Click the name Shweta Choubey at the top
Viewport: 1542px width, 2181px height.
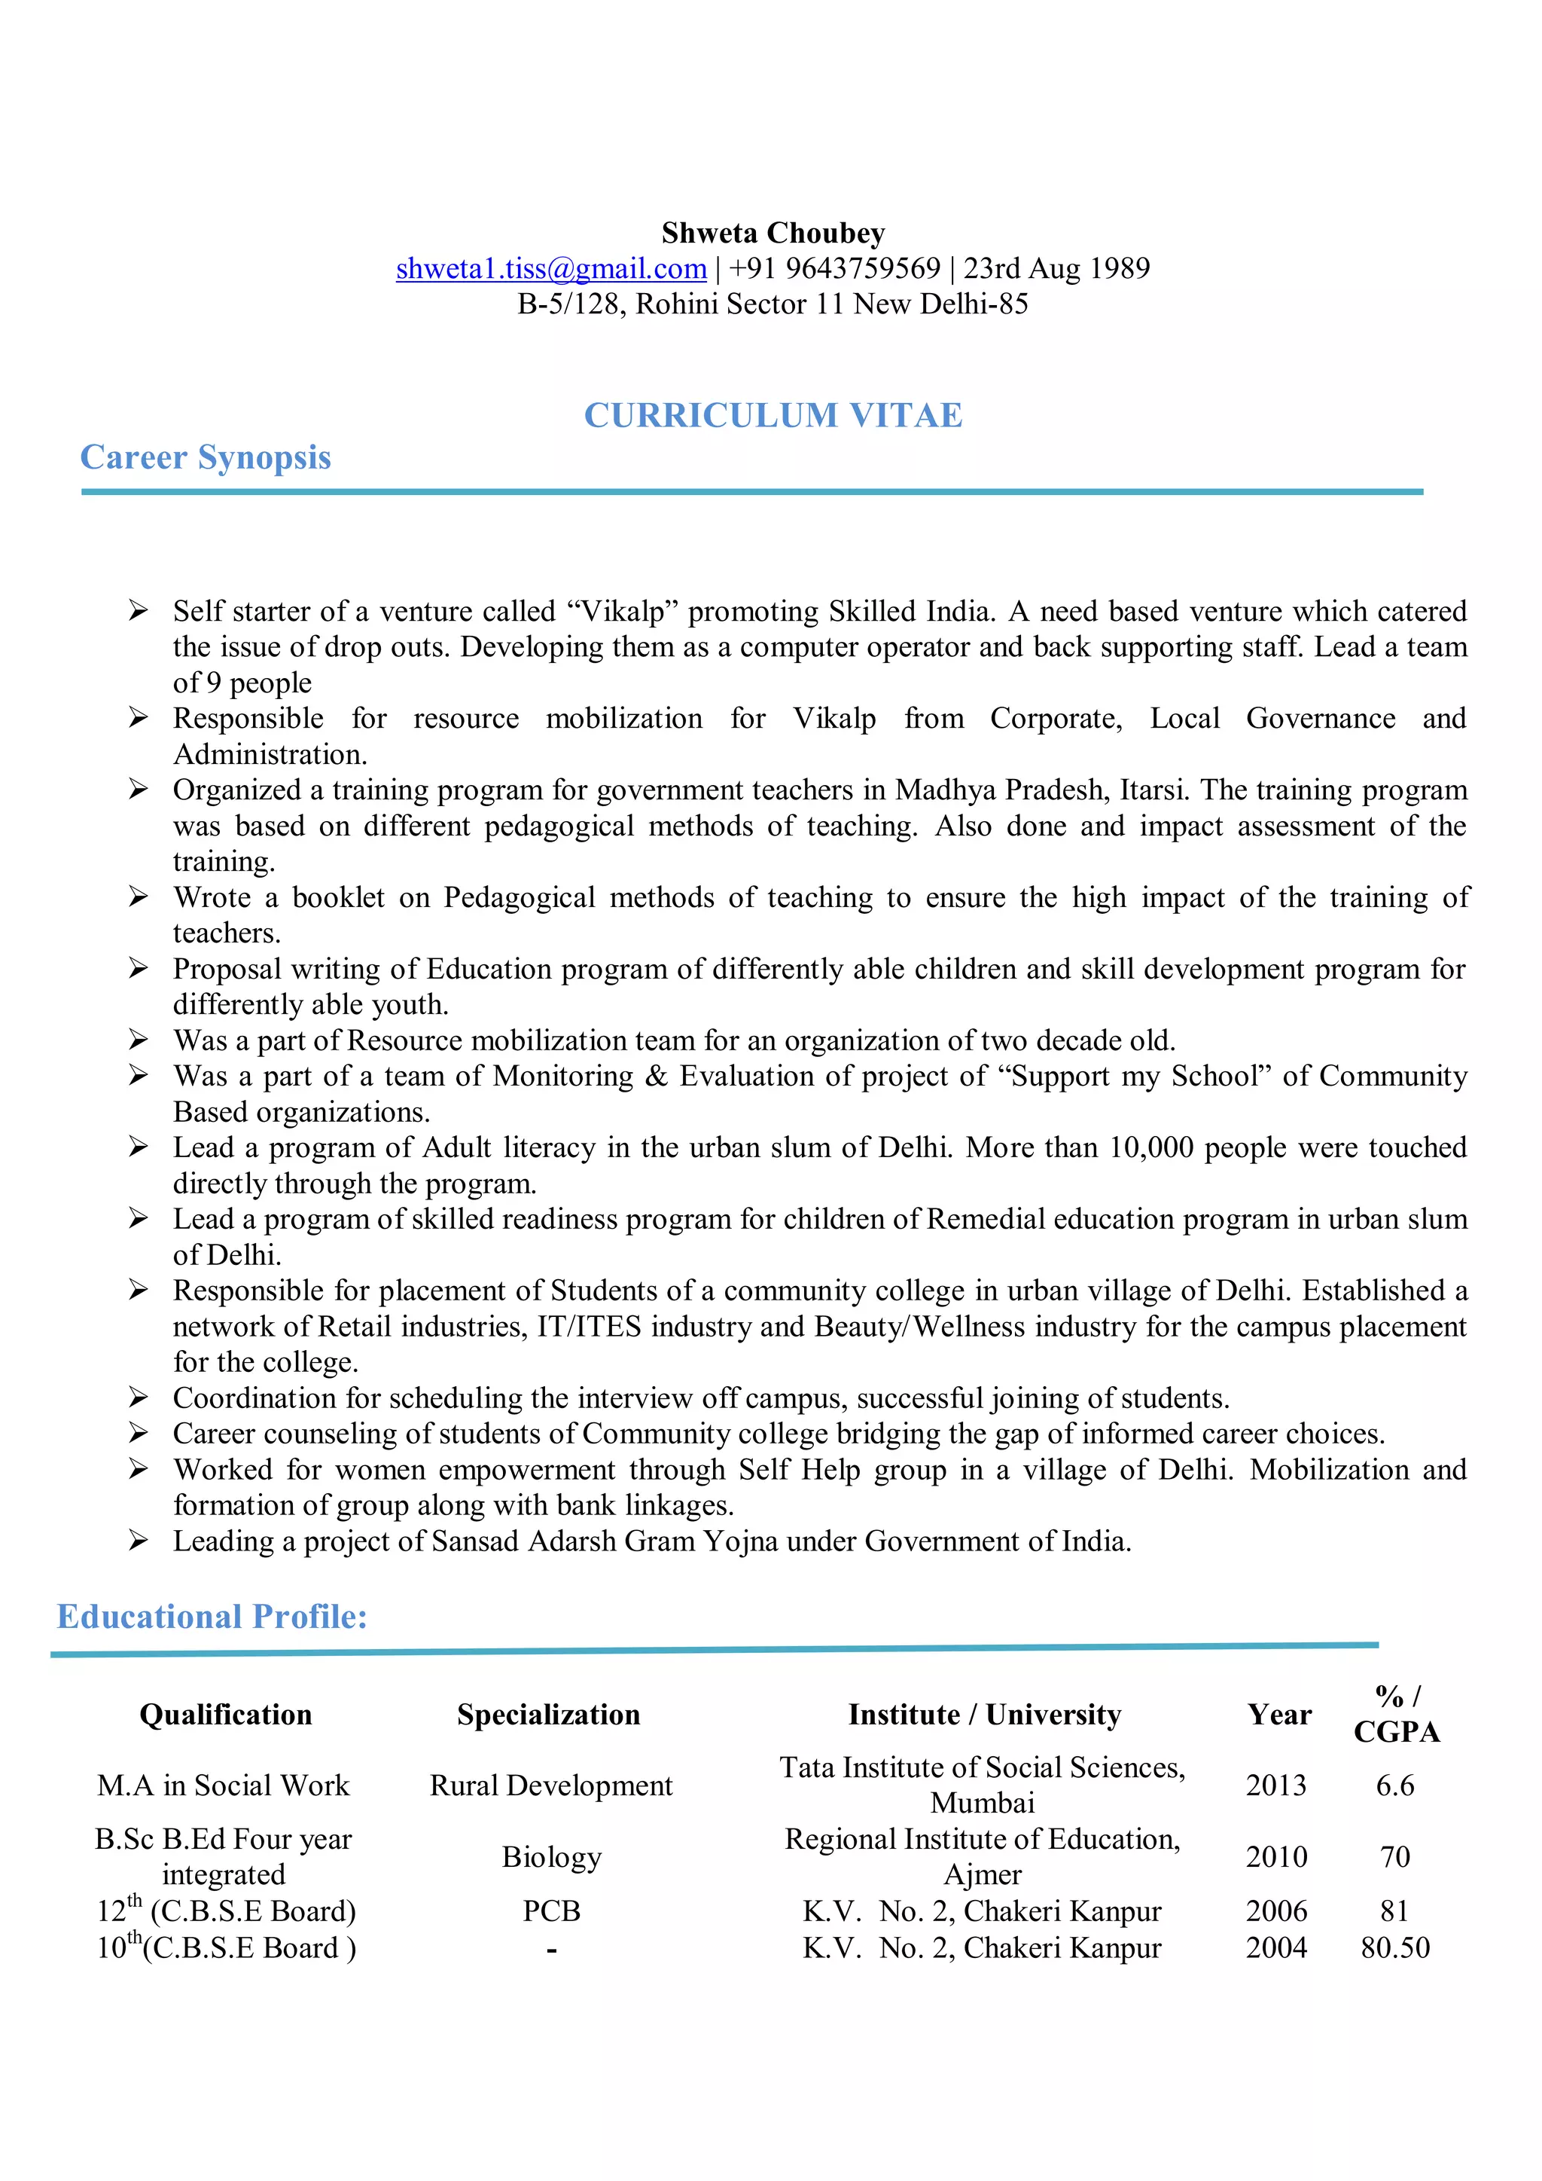click(773, 233)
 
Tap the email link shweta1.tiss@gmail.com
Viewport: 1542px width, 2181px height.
click(550, 269)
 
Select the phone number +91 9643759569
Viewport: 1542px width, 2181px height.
click(833, 269)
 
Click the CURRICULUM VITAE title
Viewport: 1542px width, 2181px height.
click(773, 415)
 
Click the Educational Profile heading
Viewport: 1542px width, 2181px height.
click(212, 1616)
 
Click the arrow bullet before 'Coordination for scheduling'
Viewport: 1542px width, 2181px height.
click(139, 1397)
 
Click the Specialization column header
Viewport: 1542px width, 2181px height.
click(548, 1715)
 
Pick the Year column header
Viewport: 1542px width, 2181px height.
click(1279, 1715)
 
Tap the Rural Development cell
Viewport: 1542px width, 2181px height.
click(550, 1785)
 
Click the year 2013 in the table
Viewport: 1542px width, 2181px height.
click(1276, 1785)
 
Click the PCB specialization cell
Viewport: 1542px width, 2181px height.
click(550, 1911)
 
